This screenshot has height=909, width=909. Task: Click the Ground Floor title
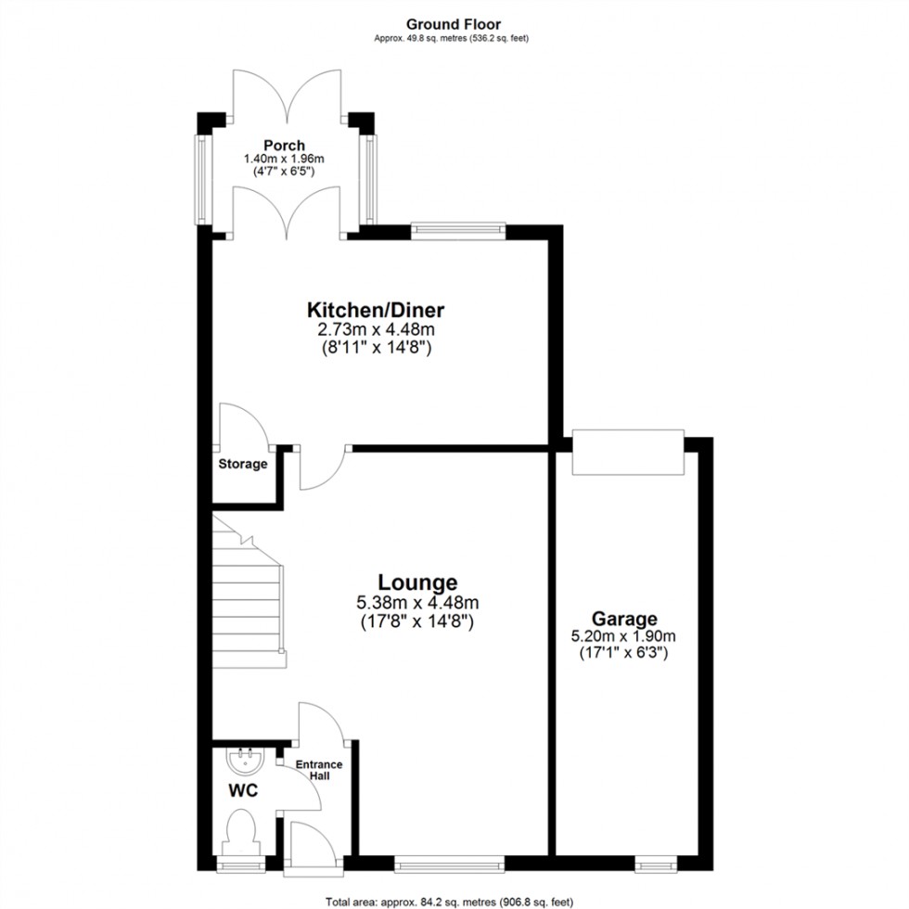(x=454, y=24)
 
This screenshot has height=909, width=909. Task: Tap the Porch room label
(x=284, y=145)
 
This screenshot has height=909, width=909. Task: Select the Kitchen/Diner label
(x=378, y=309)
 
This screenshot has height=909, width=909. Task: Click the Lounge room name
(x=416, y=583)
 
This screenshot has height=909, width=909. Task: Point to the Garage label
(x=626, y=619)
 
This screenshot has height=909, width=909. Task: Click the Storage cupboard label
(x=243, y=464)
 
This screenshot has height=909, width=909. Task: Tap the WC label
(x=243, y=791)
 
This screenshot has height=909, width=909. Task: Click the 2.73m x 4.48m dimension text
(x=378, y=329)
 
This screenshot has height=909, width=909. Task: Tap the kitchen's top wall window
(x=458, y=226)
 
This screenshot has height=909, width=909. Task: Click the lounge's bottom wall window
(x=449, y=864)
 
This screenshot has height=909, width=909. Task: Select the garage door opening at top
(x=628, y=452)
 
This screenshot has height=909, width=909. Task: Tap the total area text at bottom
(x=454, y=901)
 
